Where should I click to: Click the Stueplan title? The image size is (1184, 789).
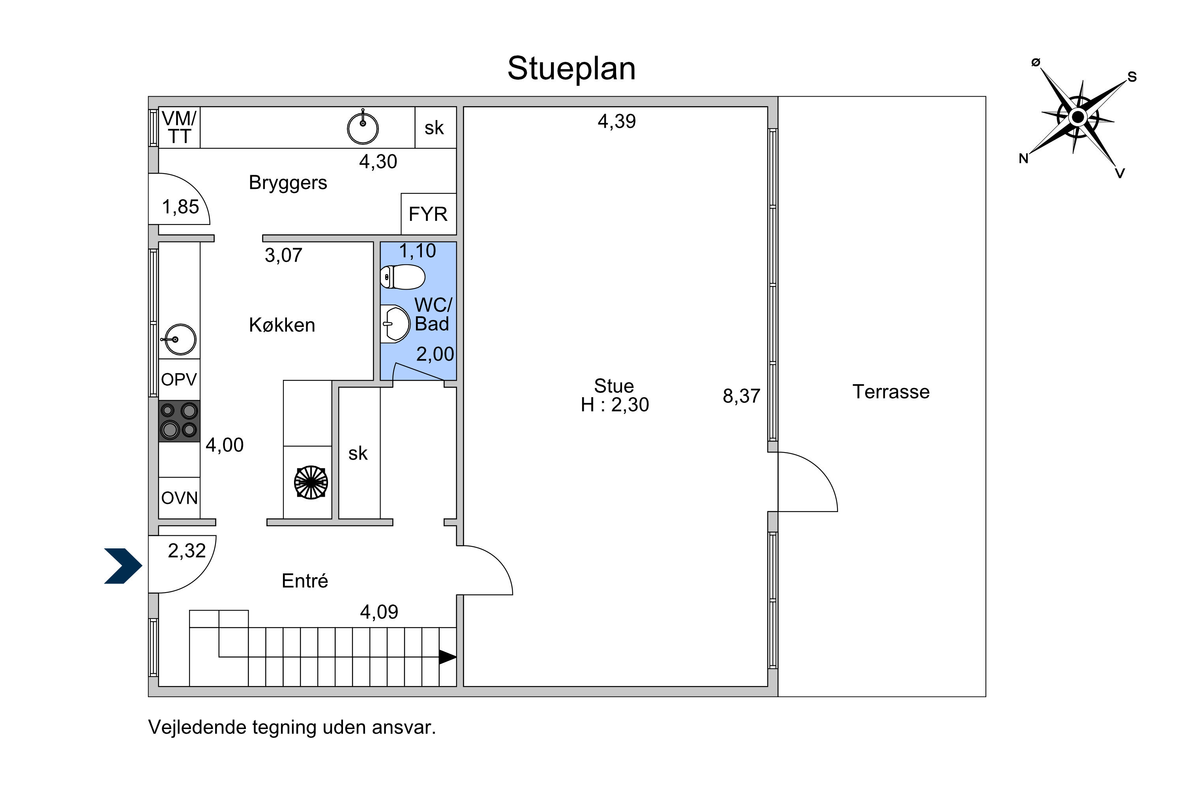coord(571,68)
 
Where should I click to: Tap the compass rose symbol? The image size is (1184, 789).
coord(1078,117)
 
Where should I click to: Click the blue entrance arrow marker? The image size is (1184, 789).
coord(123,566)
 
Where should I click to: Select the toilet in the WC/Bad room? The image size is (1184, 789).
coord(403,277)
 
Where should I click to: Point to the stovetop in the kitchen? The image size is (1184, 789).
coord(179,421)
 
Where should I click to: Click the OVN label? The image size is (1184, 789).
coord(179,498)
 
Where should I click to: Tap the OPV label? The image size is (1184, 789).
coord(179,380)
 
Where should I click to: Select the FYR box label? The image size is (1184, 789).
coord(428,214)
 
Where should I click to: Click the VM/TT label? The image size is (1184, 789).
coord(179,127)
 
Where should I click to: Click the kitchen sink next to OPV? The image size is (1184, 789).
coord(179,340)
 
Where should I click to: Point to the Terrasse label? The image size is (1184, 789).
coord(891,392)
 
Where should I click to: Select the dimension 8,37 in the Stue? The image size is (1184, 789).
coord(742,396)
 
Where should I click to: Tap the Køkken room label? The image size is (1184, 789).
coord(282,325)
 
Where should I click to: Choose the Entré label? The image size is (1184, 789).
coord(305,581)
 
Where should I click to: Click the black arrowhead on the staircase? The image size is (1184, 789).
coord(448,657)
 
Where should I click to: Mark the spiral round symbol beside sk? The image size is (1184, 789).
coord(311,482)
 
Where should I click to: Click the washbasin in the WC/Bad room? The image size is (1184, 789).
coord(395,324)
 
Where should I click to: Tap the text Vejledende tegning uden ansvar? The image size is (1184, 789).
coord(292,727)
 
